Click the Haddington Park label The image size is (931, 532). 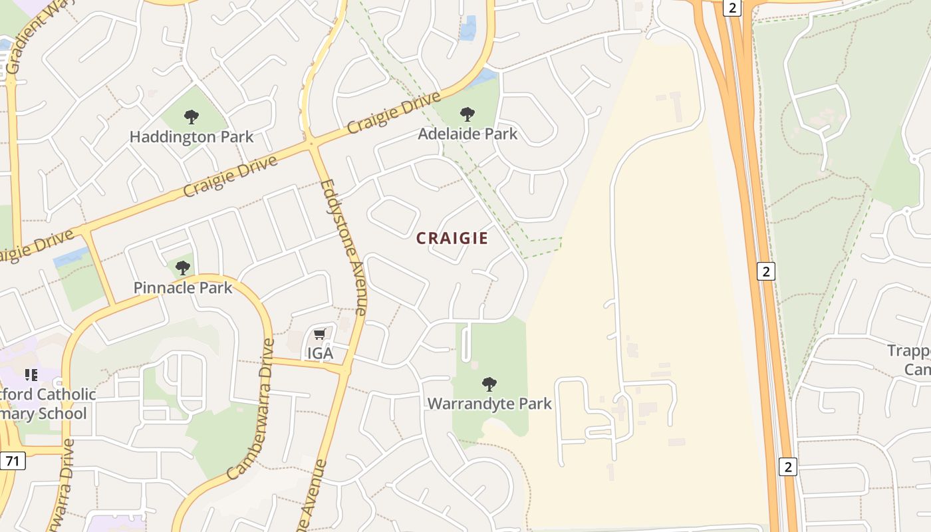point(192,137)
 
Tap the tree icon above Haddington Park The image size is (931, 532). point(192,118)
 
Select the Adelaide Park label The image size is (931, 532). point(467,134)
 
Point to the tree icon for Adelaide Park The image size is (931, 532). point(467,114)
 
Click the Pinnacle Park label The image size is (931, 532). point(183,287)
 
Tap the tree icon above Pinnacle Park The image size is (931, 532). point(183,268)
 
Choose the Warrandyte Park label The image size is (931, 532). point(489,403)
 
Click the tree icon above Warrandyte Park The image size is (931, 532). point(489,384)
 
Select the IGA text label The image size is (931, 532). point(320,353)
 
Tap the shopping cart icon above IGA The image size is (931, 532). point(320,334)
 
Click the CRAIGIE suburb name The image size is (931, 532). point(452,238)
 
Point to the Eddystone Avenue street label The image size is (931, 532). point(343,247)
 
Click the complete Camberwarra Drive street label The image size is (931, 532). point(251,409)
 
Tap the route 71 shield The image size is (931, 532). point(12,460)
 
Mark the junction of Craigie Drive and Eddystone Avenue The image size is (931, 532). point(311,144)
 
